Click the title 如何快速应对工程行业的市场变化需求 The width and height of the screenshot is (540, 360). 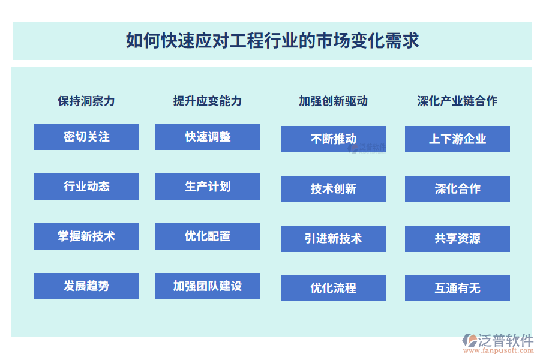[272, 41]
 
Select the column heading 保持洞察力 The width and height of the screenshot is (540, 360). [86, 101]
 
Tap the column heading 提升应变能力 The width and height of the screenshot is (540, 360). [208, 101]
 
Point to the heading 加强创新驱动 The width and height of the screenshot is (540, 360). [333, 101]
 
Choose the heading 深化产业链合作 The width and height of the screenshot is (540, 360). [457, 101]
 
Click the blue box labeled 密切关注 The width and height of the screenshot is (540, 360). [86, 137]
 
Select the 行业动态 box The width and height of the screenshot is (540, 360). [86, 187]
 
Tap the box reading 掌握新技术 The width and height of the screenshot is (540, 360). [86, 236]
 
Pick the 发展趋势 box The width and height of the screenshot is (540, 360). [86, 286]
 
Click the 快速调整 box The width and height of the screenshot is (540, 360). [208, 137]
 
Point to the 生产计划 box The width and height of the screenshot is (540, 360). [208, 187]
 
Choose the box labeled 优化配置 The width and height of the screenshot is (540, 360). [208, 236]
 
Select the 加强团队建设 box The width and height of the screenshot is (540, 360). [208, 286]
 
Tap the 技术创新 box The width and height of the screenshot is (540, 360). [334, 189]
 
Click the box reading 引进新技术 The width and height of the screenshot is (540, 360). [333, 239]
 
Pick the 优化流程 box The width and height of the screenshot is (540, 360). [333, 288]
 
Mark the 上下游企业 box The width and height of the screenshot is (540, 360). [457, 139]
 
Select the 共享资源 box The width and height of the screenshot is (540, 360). [457, 239]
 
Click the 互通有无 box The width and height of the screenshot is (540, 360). [457, 288]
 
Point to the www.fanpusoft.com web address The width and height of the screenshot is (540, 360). [499, 350]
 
